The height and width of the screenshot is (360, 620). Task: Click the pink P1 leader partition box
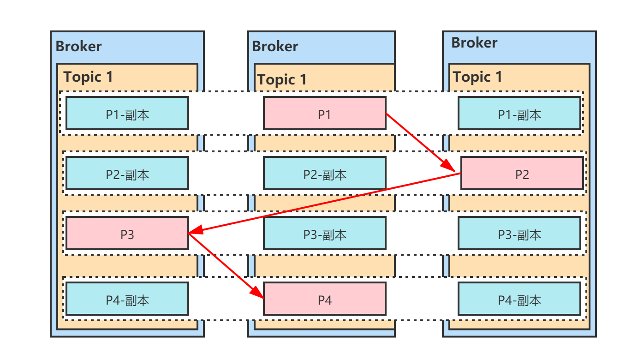(324, 113)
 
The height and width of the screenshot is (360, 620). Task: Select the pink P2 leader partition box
(522, 173)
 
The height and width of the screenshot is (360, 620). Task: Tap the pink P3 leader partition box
(127, 233)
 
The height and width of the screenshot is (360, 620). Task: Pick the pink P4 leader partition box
(324, 299)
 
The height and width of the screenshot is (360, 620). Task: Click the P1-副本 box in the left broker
(127, 113)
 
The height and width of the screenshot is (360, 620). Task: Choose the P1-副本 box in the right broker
(519, 113)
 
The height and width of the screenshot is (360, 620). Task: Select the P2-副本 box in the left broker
(127, 173)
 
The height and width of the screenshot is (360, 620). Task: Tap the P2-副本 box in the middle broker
(324, 173)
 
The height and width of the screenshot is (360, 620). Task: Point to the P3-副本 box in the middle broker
(324, 233)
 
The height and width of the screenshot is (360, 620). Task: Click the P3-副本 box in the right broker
(519, 233)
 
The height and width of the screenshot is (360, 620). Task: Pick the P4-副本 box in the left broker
(127, 299)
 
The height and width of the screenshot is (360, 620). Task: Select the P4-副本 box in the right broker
(519, 299)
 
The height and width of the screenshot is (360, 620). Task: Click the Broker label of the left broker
(78, 47)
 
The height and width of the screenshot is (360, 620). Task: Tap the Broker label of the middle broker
(275, 47)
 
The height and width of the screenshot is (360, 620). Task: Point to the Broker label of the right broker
(474, 43)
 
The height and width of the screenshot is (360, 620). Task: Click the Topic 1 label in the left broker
(88, 77)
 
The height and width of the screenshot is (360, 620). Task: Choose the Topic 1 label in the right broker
(477, 77)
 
